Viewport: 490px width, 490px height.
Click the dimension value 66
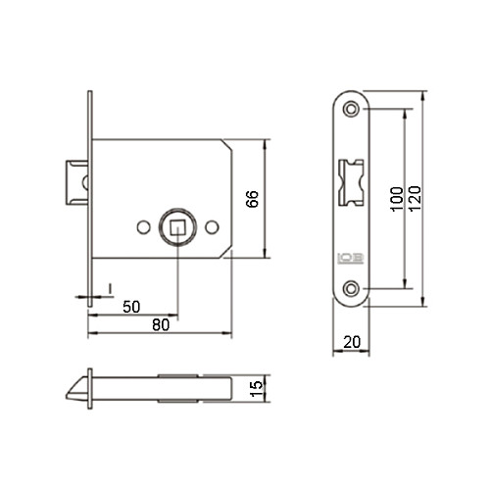coord(252,199)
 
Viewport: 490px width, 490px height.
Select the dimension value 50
coord(131,307)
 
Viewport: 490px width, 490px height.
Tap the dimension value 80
coord(161,324)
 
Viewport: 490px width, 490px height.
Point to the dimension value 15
coord(257,388)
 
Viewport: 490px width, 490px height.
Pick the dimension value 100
coord(397,199)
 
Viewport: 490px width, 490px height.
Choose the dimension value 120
coord(415,199)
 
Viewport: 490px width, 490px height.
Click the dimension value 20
coord(352,342)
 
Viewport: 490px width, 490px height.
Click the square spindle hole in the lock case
coord(177,227)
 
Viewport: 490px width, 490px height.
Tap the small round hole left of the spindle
coord(143,227)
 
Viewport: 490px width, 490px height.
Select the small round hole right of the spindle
coord(212,227)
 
